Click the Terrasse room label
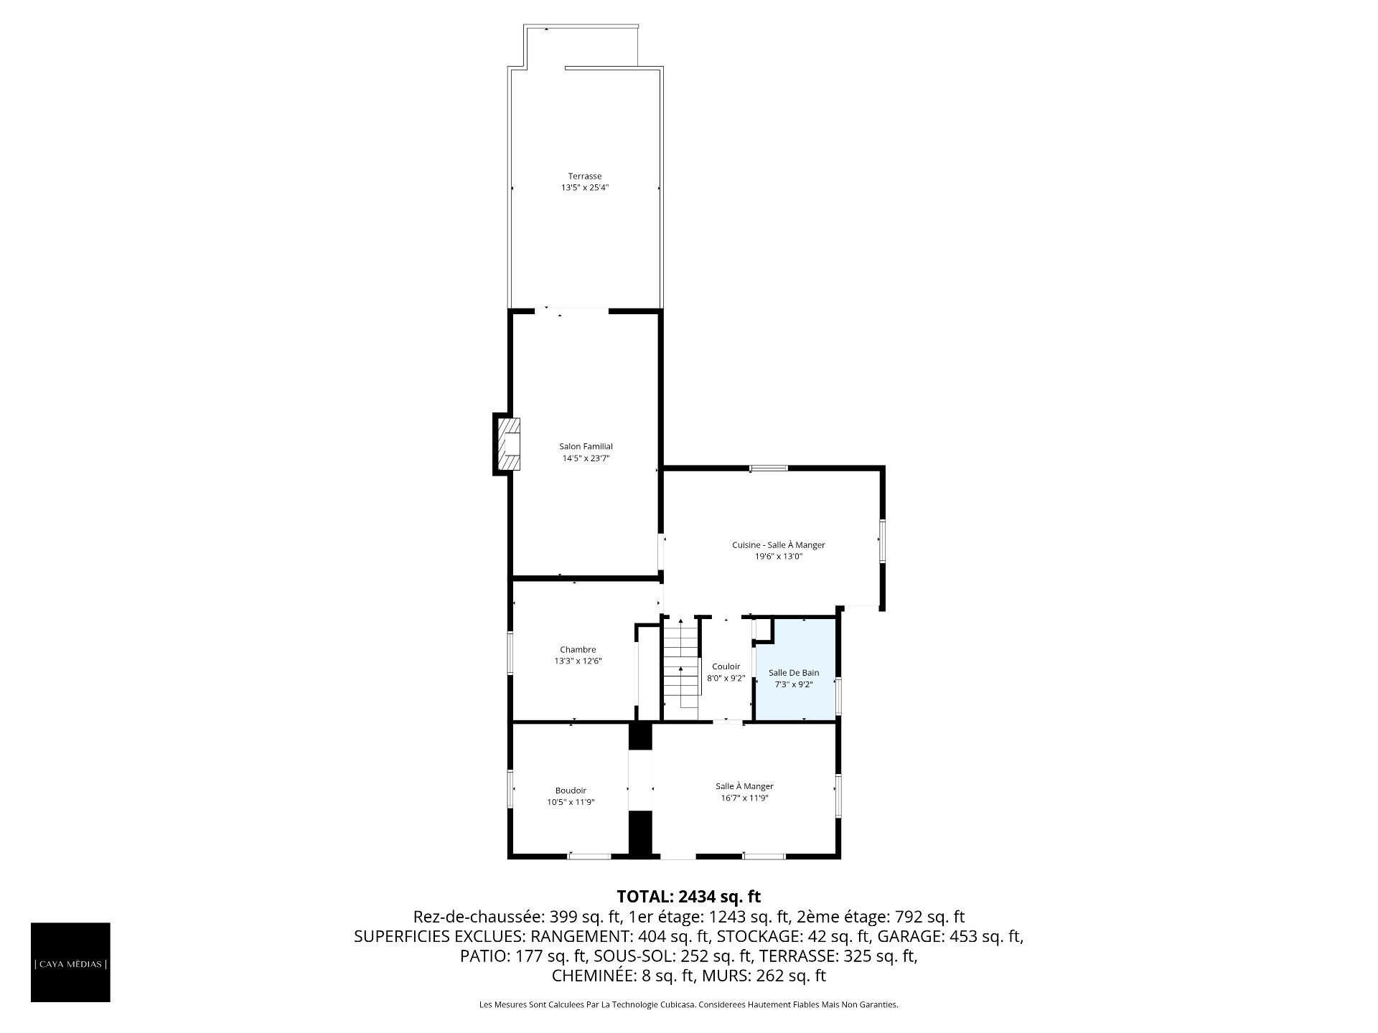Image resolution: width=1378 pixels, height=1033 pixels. click(x=584, y=176)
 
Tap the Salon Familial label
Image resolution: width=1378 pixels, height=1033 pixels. click(x=586, y=446)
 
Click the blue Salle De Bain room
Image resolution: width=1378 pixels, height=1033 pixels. click(x=795, y=669)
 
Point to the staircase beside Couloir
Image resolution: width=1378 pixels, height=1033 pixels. click(x=680, y=667)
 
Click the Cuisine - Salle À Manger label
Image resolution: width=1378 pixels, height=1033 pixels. click(x=779, y=545)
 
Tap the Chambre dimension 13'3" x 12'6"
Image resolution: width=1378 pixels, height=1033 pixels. click(x=578, y=661)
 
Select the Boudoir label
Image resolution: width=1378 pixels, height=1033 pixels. click(x=571, y=791)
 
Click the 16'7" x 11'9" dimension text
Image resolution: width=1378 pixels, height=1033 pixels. click(x=744, y=798)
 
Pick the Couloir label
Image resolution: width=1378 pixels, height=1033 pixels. click(x=726, y=666)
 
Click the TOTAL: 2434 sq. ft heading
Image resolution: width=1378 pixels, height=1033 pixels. click(x=688, y=896)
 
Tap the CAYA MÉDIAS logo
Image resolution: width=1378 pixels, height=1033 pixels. click(x=70, y=963)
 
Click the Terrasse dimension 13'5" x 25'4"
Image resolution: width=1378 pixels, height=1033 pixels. click(x=585, y=188)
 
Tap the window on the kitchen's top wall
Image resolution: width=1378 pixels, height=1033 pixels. click(x=769, y=468)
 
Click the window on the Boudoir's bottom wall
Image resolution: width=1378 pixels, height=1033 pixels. click(x=589, y=855)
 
